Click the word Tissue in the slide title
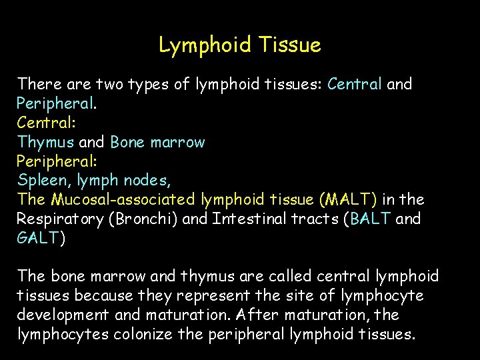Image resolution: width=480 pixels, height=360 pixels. pyautogui.click(x=291, y=45)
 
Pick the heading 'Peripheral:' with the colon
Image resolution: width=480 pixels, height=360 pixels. pyautogui.click(x=56, y=161)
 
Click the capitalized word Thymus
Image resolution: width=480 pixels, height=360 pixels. pyautogui.click(x=45, y=142)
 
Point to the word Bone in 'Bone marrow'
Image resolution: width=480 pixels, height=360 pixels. pyautogui.click(x=127, y=142)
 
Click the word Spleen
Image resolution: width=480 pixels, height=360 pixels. pyautogui.click(x=41, y=181)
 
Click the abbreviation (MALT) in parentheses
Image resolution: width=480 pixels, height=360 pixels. pyautogui.click(x=348, y=200)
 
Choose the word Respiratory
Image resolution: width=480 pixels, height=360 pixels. pyautogui.click(x=60, y=219)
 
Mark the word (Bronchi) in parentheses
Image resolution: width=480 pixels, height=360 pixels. pyautogui.click(x=142, y=219)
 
